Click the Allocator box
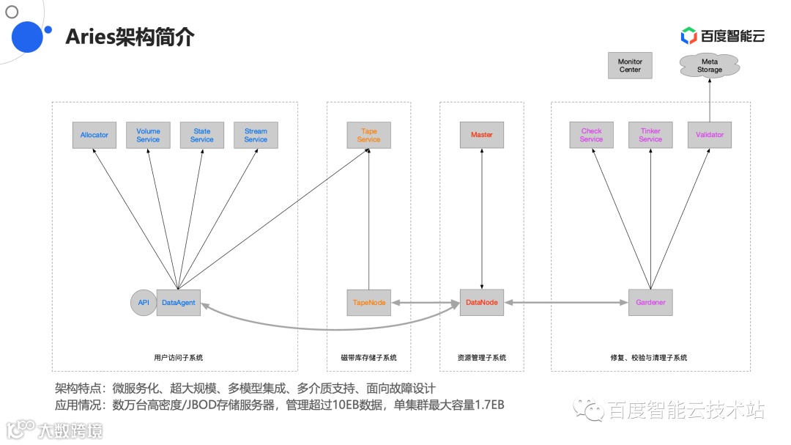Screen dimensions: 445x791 tap(94, 135)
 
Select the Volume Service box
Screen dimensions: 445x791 tap(148, 135)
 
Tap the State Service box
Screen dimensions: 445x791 tap(202, 135)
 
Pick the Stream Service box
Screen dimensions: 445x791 tap(256, 135)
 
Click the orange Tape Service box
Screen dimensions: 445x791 tap(368, 135)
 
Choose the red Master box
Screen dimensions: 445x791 tap(482, 135)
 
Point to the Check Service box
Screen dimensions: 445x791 tap(591, 135)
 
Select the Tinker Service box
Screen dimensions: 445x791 tap(650, 135)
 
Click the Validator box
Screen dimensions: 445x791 tap(709, 135)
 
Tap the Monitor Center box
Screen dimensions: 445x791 tap(630, 66)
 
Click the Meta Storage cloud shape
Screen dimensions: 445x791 tap(709, 66)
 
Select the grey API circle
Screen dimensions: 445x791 tap(144, 302)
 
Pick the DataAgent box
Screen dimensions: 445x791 tap(178, 302)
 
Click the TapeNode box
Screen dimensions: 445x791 tap(368, 302)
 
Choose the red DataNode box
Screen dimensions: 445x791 tap(482, 302)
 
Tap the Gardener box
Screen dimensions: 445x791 tap(650, 302)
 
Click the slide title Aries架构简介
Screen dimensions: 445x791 tap(130, 37)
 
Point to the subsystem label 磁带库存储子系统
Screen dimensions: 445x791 tap(368, 358)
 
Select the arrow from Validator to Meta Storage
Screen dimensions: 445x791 tap(709, 99)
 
